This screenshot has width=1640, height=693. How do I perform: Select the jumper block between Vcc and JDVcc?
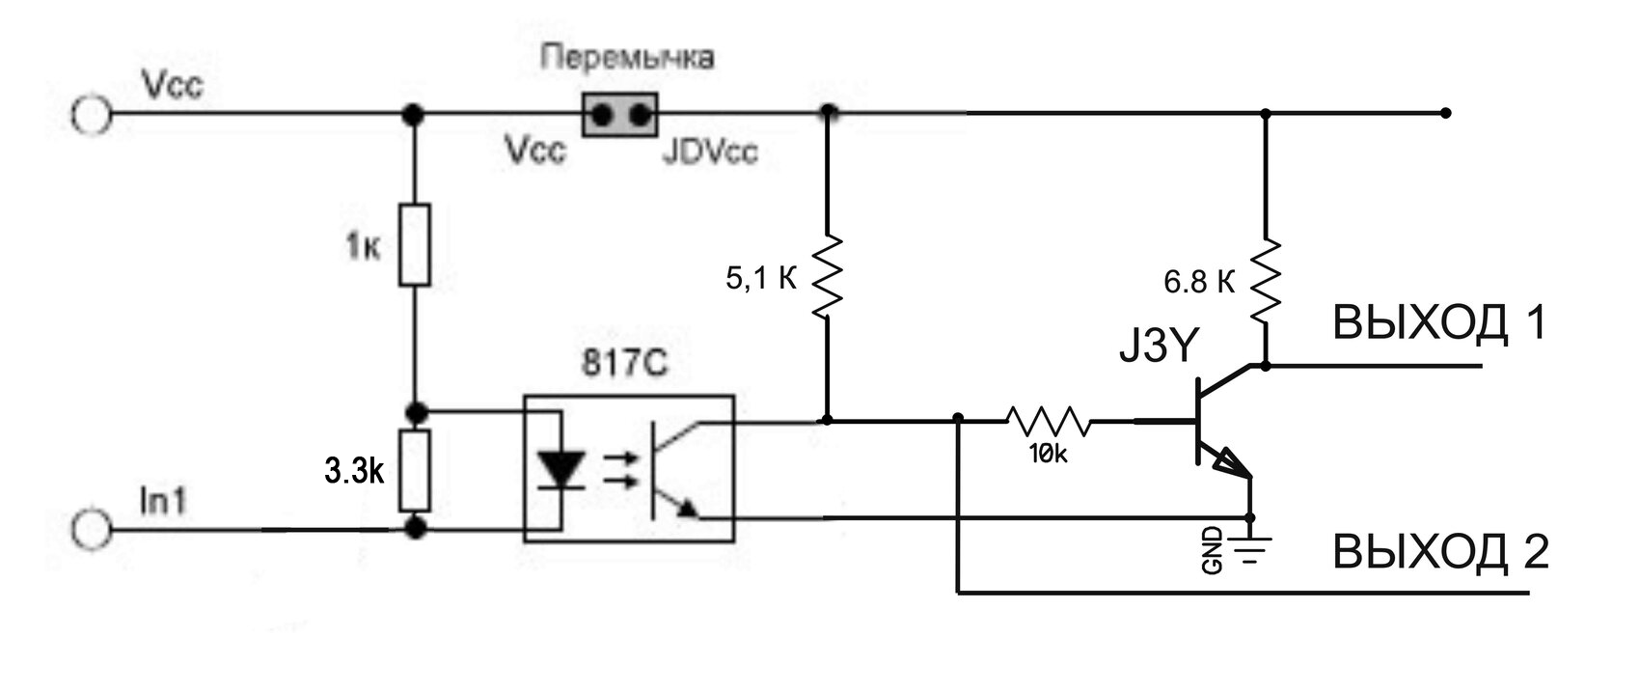[x=619, y=115]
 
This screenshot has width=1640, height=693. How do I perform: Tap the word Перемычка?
[x=627, y=58]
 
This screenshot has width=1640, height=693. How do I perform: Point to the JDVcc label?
[x=710, y=152]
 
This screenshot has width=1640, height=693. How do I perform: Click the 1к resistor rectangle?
[x=415, y=244]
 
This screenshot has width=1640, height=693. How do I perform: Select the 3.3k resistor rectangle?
[x=415, y=471]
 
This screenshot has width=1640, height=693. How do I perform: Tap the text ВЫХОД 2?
[x=1439, y=552]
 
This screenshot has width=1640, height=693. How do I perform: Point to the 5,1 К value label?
[x=761, y=280]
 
